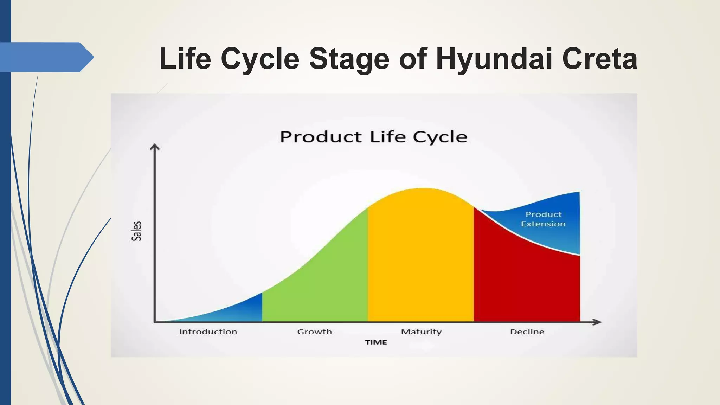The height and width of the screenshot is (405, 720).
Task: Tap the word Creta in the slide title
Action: [599, 59]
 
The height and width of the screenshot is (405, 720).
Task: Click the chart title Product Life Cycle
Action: [373, 137]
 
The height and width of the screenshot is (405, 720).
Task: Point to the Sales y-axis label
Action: [136, 231]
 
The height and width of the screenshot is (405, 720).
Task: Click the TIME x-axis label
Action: [376, 342]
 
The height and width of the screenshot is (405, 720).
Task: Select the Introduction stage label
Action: [208, 332]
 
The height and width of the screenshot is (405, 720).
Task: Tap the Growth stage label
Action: [314, 332]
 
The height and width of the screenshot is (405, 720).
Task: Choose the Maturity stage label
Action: [421, 332]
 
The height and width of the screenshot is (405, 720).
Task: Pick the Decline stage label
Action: [527, 332]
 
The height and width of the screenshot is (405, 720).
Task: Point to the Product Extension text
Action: [543, 219]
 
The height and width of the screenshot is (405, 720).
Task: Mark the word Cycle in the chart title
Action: [440, 137]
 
